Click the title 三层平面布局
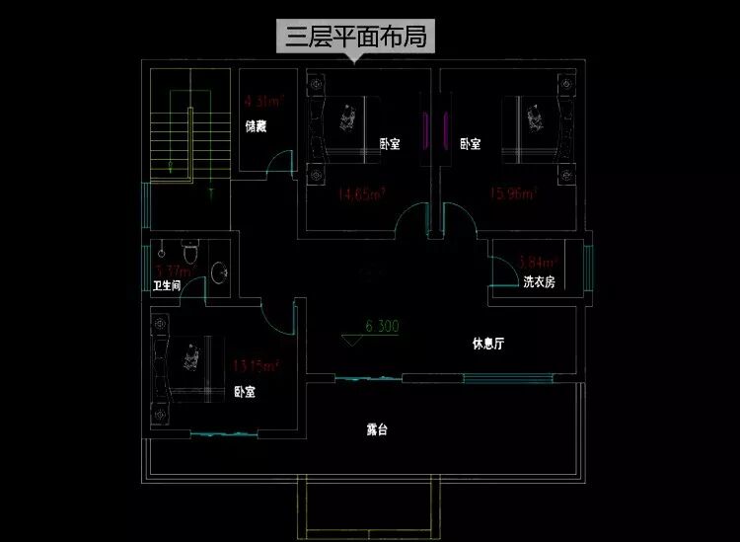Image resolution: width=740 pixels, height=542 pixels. (358, 39)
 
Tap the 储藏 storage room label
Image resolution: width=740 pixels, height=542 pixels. (256, 126)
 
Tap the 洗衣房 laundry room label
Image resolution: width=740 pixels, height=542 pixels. (539, 282)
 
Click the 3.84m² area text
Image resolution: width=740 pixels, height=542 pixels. (538, 263)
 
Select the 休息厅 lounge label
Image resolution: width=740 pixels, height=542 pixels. (488, 345)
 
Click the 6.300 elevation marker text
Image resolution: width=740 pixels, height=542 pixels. (382, 325)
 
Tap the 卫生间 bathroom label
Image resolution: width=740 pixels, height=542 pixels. (166, 286)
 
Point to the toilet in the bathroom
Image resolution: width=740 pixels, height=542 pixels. (192, 248)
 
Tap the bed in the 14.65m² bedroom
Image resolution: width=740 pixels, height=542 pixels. (345, 128)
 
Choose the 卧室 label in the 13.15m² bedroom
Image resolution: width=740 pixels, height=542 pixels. (245, 392)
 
